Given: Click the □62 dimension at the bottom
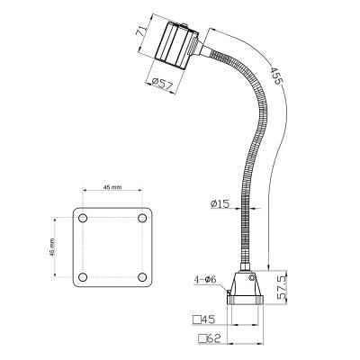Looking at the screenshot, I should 208,338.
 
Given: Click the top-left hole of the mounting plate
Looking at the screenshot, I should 83,219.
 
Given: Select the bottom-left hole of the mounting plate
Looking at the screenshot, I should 83,275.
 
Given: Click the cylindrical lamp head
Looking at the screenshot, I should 176,45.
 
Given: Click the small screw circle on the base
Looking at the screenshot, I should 252,278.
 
